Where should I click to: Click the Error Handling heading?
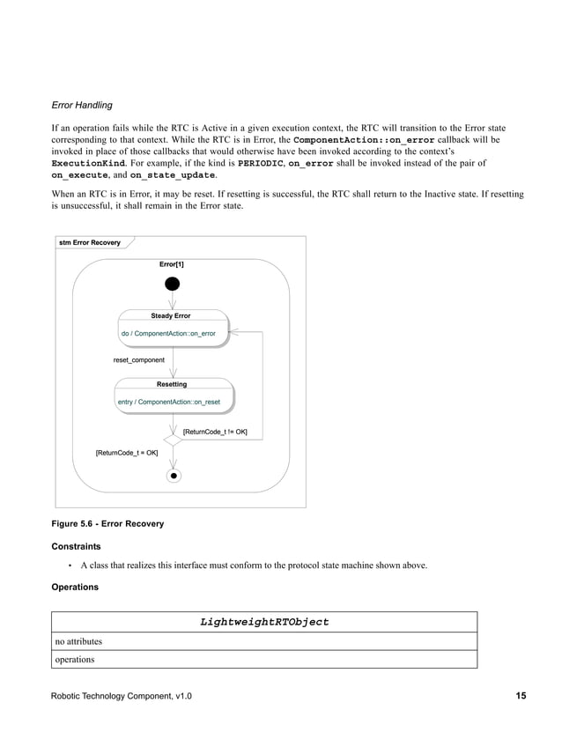click(x=82, y=106)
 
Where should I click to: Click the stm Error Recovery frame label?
click(x=90, y=242)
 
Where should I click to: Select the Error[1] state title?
click(x=172, y=264)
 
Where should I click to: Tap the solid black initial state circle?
click(x=173, y=284)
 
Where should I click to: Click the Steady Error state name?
click(x=170, y=315)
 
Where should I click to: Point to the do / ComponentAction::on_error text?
click(x=168, y=334)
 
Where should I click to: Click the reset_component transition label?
click(x=139, y=360)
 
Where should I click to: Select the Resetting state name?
click(x=172, y=384)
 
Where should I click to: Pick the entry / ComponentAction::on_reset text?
click(x=168, y=403)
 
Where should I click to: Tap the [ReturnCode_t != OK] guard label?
click(x=215, y=433)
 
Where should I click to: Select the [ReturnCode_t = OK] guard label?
click(x=127, y=453)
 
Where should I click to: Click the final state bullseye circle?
click(x=174, y=476)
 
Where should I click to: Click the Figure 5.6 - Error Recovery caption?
click(x=107, y=524)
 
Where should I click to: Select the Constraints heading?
click(x=76, y=546)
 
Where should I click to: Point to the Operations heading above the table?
click(x=75, y=587)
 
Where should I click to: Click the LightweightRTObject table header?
click(x=264, y=622)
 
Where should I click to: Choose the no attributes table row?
click(x=78, y=641)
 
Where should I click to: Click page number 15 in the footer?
click(x=521, y=696)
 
